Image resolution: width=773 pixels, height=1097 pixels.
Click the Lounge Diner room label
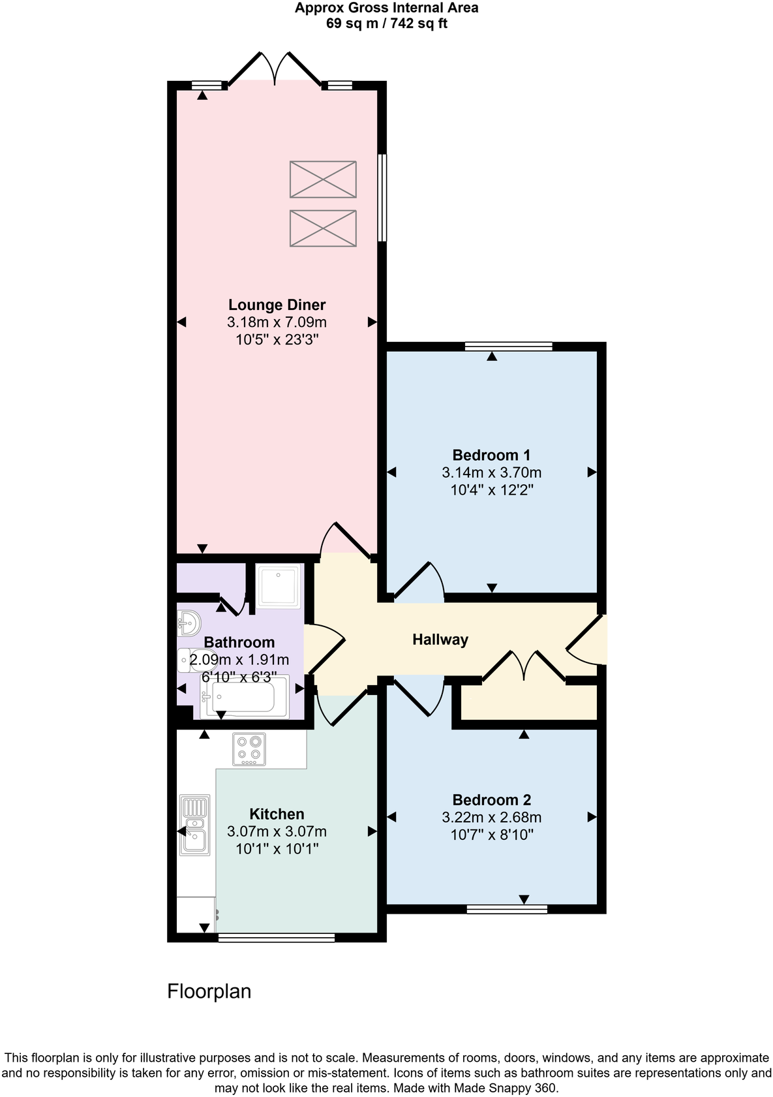pyautogui.click(x=277, y=305)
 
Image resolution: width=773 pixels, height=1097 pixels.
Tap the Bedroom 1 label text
pyautogui.click(x=491, y=455)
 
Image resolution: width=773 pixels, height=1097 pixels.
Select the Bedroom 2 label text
pyautogui.click(x=491, y=799)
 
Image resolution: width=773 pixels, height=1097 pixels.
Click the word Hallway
pyautogui.click(x=440, y=640)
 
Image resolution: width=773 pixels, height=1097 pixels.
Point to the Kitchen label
pyautogui.click(x=277, y=814)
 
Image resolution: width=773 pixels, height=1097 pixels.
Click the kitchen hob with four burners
pyautogui.click(x=249, y=749)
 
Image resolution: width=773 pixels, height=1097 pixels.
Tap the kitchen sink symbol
pyautogui.click(x=195, y=825)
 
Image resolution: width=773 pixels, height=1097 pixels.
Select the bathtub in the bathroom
pyautogui.click(x=243, y=697)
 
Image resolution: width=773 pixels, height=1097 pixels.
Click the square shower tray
pyautogui.click(x=279, y=586)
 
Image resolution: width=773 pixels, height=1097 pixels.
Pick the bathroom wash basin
pyautogui.click(x=188, y=623)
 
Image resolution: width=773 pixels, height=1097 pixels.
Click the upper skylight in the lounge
pyautogui.click(x=323, y=179)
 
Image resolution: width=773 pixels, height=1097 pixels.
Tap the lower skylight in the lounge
pyautogui.click(x=323, y=228)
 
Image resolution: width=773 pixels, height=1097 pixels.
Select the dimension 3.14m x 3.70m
pyautogui.click(x=491, y=472)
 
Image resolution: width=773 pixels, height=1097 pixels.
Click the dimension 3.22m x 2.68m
pyautogui.click(x=491, y=817)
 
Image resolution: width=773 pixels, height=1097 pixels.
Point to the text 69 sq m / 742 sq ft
pyautogui.click(x=386, y=24)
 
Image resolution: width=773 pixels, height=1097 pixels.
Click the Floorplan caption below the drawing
pyautogui.click(x=209, y=991)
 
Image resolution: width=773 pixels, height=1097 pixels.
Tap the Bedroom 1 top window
pyautogui.click(x=509, y=346)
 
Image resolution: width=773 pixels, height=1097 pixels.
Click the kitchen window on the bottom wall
pyautogui.click(x=276, y=938)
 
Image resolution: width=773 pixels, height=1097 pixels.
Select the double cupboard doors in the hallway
pyautogui.click(x=524, y=666)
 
